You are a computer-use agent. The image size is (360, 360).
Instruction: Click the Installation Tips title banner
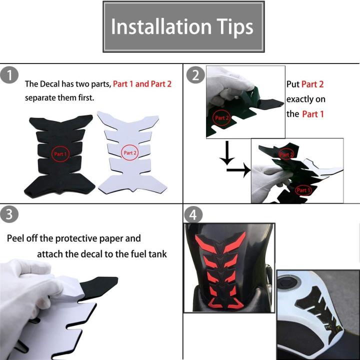point(183,27)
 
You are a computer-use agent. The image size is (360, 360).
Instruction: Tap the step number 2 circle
point(194,75)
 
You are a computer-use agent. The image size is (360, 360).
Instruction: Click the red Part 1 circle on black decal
point(60,153)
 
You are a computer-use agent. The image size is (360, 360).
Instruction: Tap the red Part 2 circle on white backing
point(129,152)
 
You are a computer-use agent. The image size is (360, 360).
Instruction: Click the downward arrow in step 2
point(227,152)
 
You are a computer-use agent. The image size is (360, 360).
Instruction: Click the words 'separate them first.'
point(59,97)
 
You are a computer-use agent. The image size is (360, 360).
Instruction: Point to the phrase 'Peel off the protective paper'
point(74,238)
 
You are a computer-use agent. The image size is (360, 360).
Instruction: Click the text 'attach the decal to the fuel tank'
point(102,254)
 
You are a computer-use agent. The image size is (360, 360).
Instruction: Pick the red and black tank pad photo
point(229,267)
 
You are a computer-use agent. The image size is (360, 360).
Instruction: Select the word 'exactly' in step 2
point(298,99)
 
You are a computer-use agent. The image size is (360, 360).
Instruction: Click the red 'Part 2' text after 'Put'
point(312,84)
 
